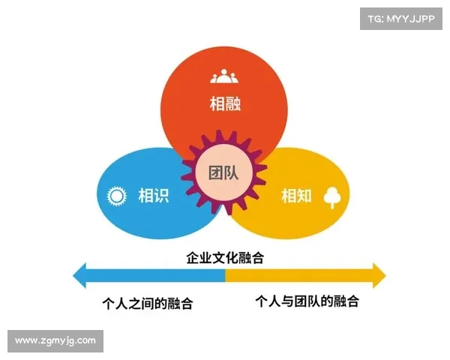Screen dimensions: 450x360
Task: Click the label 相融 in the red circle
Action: (x=225, y=103)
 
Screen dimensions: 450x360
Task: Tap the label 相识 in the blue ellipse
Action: (x=154, y=196)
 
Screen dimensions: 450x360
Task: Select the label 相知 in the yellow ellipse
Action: (x=296, y=196)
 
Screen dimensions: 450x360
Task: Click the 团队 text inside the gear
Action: (x=223, y=173)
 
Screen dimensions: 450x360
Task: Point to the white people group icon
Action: (x=224, y=76)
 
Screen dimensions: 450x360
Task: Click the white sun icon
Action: (x=116, y=196)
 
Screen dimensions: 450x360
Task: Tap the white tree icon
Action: (x=332, y=197)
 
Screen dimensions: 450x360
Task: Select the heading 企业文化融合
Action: (x=225, y=257)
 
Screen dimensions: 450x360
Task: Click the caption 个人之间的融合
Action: (x=148, y=304)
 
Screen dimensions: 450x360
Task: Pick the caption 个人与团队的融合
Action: (x=307, y=301)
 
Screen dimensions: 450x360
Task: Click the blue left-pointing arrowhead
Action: (x=79, y=275)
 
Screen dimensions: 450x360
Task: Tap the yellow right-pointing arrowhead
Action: (x=379, y=275)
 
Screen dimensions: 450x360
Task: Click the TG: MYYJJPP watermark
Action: (x=401, y=19)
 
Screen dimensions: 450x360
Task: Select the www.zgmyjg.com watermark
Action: (x=55, y=340)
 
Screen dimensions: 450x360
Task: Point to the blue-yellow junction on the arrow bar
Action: (x=225, y=275)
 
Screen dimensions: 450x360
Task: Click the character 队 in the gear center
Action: (x=231, y=173)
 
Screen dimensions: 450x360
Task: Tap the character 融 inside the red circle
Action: (x=233, y=103)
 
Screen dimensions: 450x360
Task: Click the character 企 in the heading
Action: (x=193, y=257)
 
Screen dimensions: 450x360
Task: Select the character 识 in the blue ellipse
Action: (x=161, y=196)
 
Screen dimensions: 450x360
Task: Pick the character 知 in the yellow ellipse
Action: (x=304, y=196)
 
